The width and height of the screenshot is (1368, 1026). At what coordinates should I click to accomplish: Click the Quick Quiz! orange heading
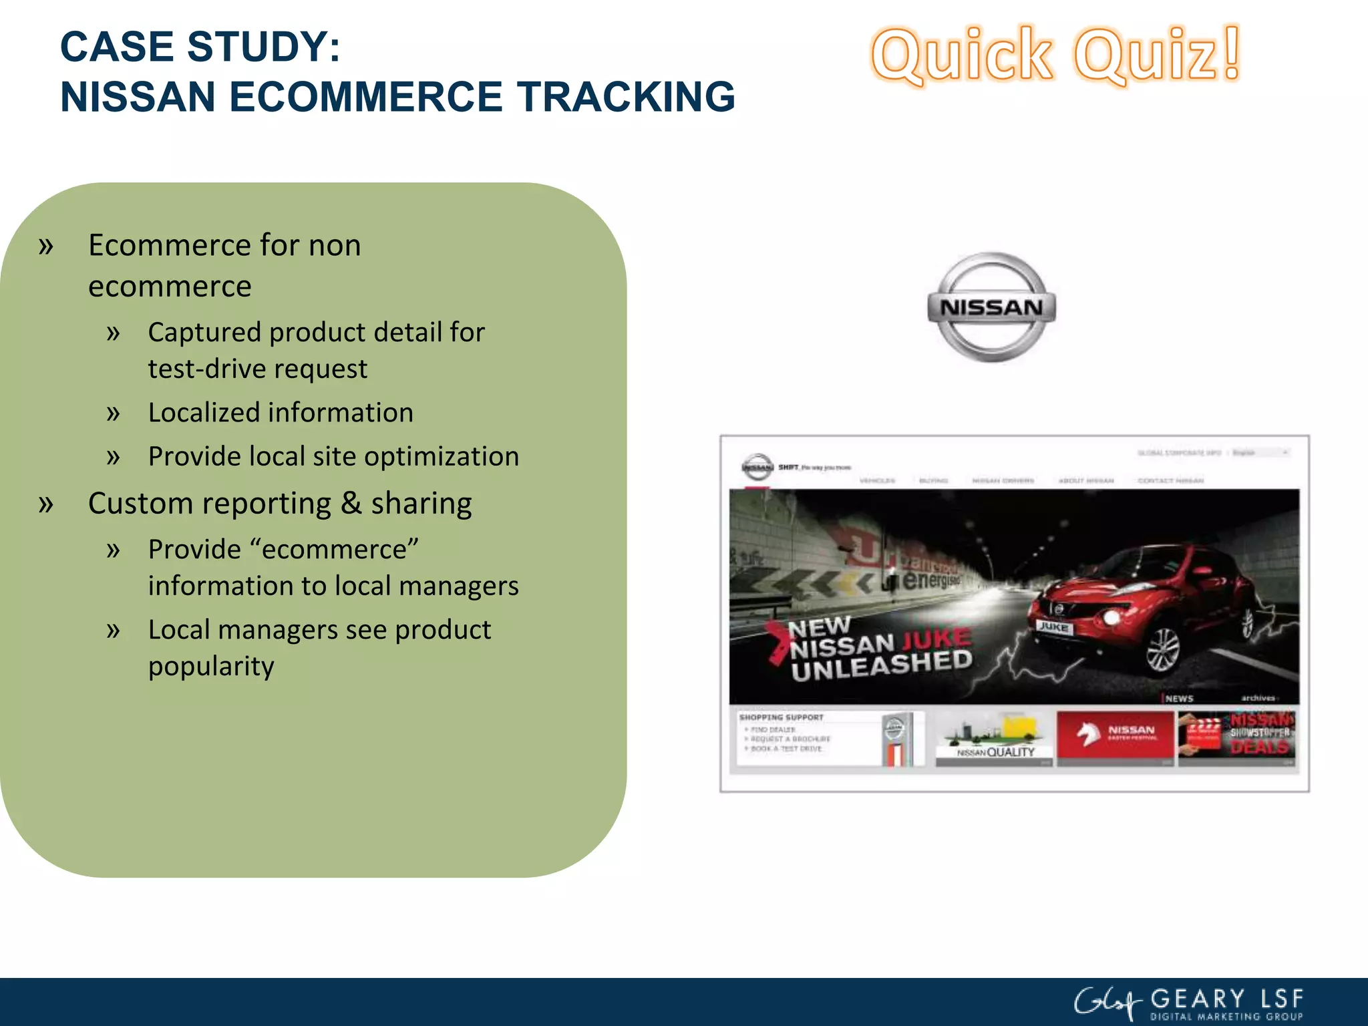click(1055, 55)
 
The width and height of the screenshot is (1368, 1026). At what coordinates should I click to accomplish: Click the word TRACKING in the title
click(626, 97)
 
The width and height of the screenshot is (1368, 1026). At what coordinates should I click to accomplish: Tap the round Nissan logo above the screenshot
click(992, 307)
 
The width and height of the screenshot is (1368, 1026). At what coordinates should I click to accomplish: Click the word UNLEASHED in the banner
click(882, 666)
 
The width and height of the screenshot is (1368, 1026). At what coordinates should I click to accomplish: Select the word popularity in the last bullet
click(211, 667)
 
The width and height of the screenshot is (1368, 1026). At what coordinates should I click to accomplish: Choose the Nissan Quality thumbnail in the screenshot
click(994, 739)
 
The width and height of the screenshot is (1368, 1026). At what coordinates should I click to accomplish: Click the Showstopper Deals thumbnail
click(1237, 739)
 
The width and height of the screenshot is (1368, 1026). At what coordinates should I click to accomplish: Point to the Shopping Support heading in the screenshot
click(781, 717)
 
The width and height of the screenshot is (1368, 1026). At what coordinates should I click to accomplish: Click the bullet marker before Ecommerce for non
click(45, 246)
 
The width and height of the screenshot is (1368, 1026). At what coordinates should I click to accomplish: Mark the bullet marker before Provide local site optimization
click(114, 458)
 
